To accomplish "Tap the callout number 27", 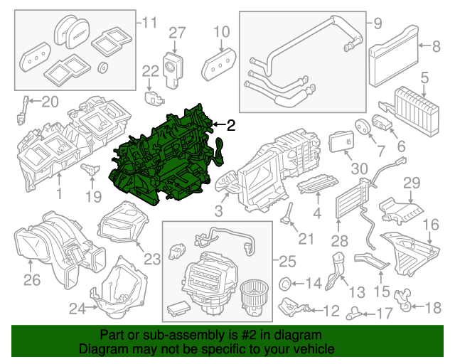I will pyautogui.click(x=176, y=32).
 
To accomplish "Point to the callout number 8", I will pyautogui.click(x=437, y=47).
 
